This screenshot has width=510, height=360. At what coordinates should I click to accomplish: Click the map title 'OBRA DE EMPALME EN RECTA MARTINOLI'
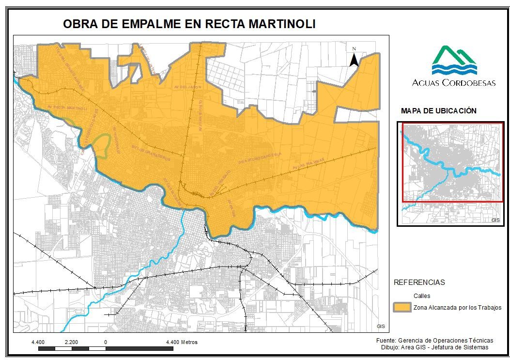[189, 24]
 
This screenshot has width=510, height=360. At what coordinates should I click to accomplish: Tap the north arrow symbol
[354, 58]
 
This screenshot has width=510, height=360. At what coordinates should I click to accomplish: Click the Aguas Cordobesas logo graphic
[454, 60]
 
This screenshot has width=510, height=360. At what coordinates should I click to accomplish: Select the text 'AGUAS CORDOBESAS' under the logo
[454, 83]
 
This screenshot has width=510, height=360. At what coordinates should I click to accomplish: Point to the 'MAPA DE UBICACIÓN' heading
[439, 111]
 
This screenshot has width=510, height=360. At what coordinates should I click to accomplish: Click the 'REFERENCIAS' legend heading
[419, 282]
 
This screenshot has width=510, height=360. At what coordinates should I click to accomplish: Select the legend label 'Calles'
[421, 296]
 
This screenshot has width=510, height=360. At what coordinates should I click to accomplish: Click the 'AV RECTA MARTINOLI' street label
[67, 108]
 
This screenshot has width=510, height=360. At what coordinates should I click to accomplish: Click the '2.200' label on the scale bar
[71, 342]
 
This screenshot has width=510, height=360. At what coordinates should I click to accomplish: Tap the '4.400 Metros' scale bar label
[182, 342]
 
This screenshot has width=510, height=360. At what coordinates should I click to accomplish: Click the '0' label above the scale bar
[105, 342]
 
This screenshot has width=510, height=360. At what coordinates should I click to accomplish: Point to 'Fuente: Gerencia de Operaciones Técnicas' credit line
[434, 341]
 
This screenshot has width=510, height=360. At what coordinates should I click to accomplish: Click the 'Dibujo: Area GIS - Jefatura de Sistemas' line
[434, 347]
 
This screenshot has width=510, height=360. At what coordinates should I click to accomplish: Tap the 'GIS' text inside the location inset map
[495, 220]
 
